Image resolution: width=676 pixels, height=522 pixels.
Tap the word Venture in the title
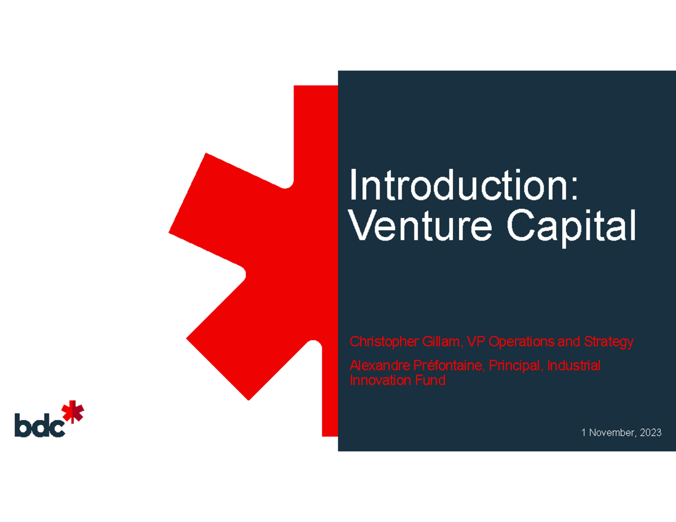pyautogui.click(x=420, y=225)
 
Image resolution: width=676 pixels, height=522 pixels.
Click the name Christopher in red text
pyautogui.click(x=384, y=342)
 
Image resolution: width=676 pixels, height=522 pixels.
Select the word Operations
pyautogui.click(x=521, y=342)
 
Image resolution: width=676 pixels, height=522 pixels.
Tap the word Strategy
pyautogui.click(x=608, y=342)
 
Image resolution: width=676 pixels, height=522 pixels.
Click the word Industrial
pyautogui.click(x=574, y=365)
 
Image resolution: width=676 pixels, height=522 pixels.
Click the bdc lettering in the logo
pyautogui.click(x=40, y=425)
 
